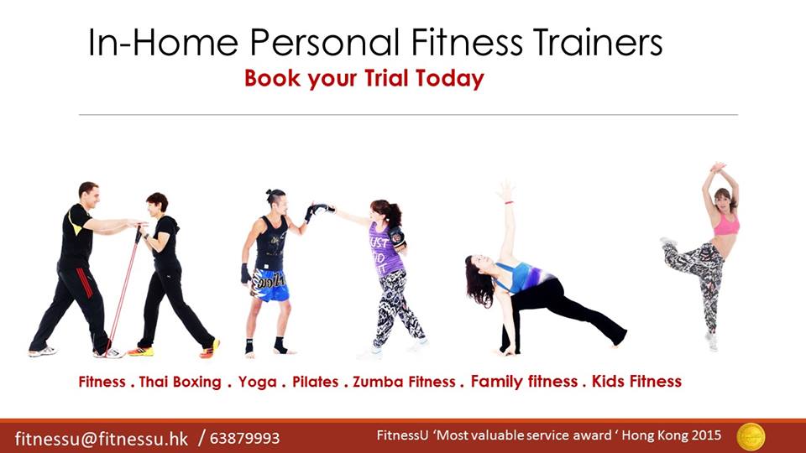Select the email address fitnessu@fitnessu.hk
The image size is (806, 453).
(x=102, y=439)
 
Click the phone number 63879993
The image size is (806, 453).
(x=244, y=439)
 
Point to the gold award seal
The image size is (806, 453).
(x=751, y=437)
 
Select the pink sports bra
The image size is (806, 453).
(x=726, y=225)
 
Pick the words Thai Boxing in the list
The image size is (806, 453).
(x=180, y=383)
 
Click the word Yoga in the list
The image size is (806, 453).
(x=257, y=383)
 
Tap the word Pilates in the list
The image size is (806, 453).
(x=315, y=383)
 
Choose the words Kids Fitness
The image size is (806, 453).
(x=636, y=381)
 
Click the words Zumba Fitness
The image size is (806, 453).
(x=404, y=383)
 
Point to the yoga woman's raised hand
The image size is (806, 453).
(x=505, y=191)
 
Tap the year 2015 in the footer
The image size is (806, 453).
(x=706, y=435)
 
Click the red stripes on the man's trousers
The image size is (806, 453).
(x=86, y=283)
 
